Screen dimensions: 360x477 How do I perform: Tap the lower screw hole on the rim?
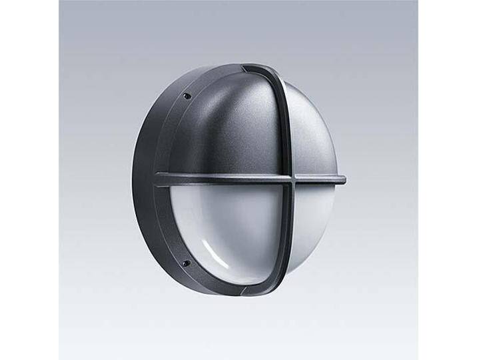pyautogui.click(x=186, y=263)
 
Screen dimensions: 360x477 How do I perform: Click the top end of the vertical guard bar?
pyautogui.click(x=256, y=68)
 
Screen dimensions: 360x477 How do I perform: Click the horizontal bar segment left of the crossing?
pyautogui.click(x=220, y=179)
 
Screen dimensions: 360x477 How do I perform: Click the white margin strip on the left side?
pyautogui.click(x=29, y=180)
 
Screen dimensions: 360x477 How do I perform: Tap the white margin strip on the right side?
pyautogui.click(x=447, y=180)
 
